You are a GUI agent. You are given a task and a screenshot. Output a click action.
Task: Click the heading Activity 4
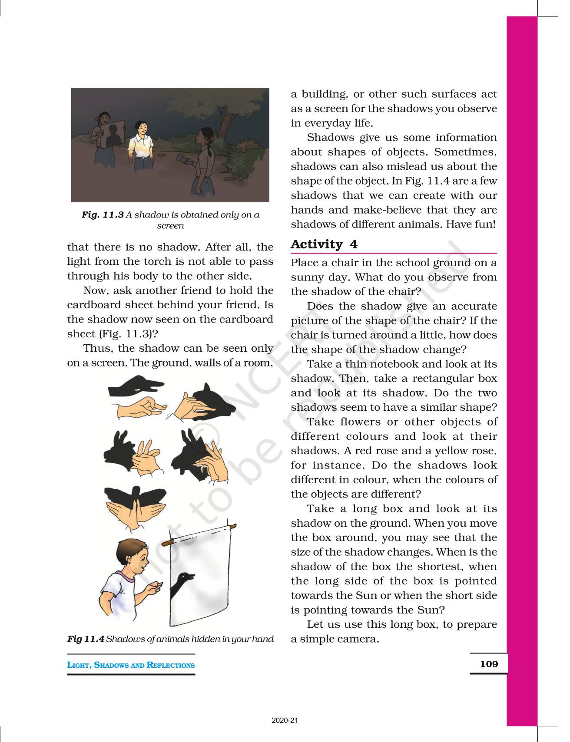324,244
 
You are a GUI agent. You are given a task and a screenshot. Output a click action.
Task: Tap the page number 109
489,664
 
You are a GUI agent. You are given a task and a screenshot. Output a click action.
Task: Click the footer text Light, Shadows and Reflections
131,665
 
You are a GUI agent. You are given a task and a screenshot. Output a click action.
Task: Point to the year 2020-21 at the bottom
285,720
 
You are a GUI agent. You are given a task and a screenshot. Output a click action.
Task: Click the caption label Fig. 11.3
103,214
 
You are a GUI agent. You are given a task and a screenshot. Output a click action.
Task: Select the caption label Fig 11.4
86,639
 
